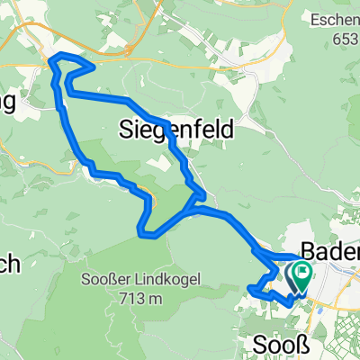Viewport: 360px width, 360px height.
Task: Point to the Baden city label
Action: (x=329, y=249)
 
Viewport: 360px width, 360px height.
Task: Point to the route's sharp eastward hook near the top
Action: (x=94, y=67)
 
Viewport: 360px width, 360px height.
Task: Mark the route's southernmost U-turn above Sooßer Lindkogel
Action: (x=142, y=234)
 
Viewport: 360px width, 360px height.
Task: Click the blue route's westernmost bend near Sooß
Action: (x=248, y=288)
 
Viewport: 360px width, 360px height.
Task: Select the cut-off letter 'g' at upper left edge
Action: (x=7, y=103)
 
